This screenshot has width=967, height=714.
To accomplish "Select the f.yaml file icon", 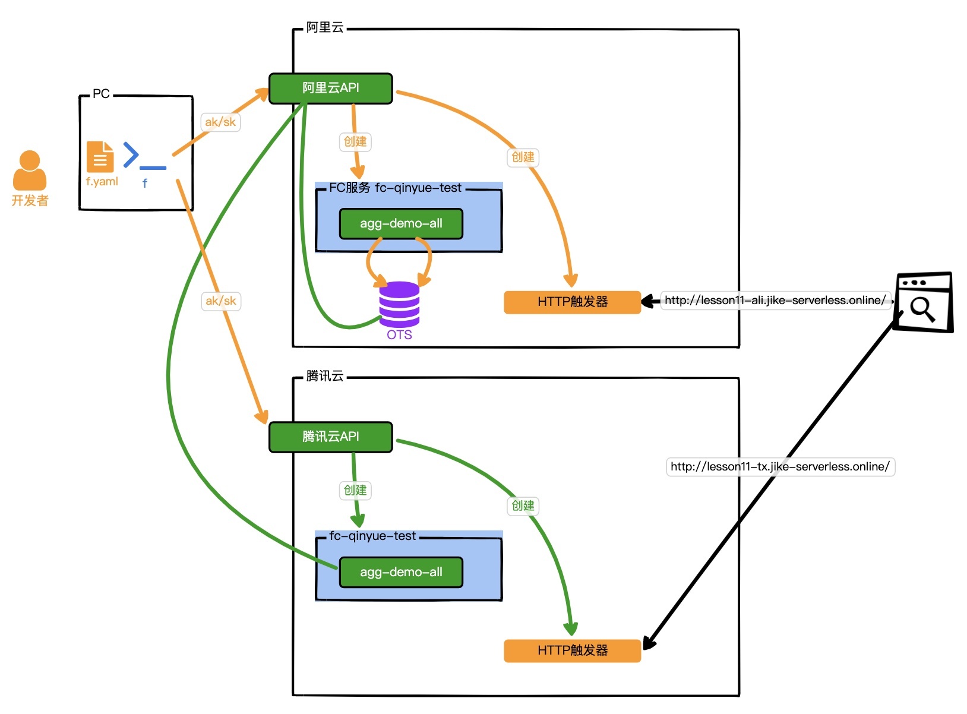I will click(100, 157).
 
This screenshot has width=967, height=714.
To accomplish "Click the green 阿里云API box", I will click(331, 89).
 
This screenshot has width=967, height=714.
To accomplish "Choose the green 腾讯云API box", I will click(331, 437).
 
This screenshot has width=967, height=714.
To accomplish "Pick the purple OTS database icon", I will click(399, 304).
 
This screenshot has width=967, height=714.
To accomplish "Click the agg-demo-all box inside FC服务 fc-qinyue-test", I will click(401, 224).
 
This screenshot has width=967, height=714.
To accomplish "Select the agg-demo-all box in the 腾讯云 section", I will click(401, 573).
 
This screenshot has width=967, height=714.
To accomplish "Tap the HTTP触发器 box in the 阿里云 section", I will click(572, 302).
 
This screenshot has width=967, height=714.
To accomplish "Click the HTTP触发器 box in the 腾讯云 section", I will click(572, 650).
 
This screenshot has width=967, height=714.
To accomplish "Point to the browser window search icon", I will click(923, 302).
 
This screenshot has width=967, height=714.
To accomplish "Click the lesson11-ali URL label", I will click(775, 301).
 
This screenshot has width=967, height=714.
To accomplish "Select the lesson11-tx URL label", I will click(780, 467).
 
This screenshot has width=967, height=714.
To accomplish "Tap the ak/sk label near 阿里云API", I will click(220, 122).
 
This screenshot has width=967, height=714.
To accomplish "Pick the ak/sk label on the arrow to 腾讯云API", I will click(221, 301).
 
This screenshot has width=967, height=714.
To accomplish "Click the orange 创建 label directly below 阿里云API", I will click(355, 142).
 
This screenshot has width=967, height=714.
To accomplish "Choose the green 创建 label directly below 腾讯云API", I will click(355, 491).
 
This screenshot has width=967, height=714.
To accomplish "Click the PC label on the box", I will click(101, 94).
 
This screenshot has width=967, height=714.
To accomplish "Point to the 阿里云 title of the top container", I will click(325, 27).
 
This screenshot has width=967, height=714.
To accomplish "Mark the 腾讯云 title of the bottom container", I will click(325, 376).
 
